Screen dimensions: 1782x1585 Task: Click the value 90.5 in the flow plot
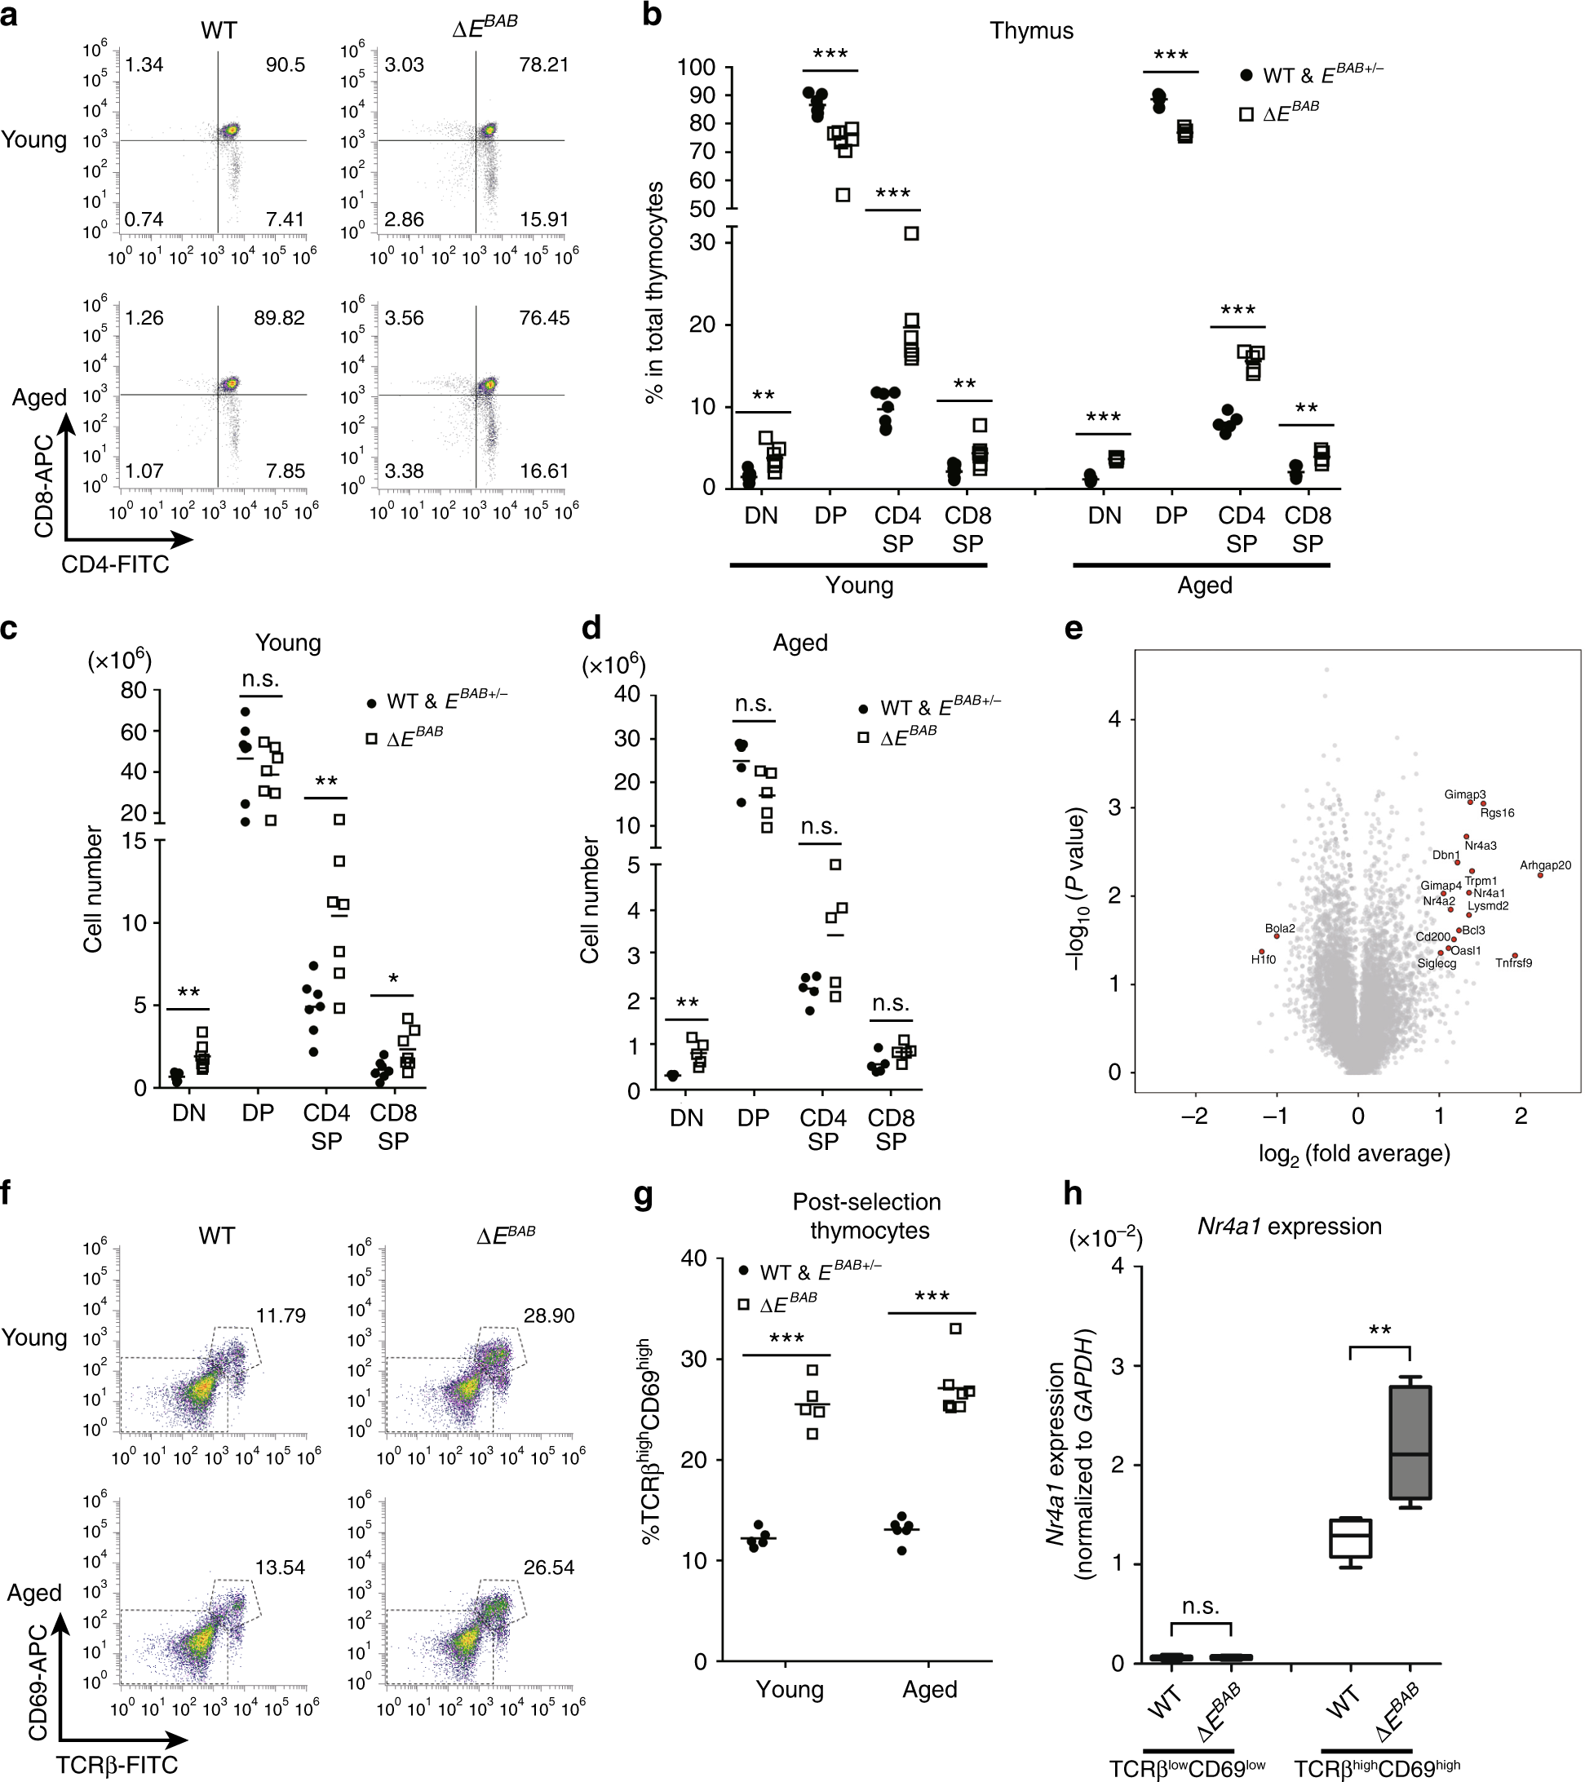(x=285, y=65)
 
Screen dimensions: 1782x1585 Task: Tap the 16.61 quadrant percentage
(x=544, y=471)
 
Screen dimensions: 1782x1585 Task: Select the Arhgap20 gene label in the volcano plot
(x=1545, y=865)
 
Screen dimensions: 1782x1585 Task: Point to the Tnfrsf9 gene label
(x=1513, y=963)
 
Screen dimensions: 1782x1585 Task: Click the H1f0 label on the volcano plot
(x=1264, y=960)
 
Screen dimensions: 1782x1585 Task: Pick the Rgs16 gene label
(x=1497, y=813)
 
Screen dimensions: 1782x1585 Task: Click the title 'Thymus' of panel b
(x=1030, y=30)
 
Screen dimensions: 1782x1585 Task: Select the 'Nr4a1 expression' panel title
(x=1289, y=1227)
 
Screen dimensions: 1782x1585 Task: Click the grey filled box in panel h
(x=1410, y=1442)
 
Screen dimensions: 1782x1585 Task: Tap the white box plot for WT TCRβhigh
(x=1349, y=1538)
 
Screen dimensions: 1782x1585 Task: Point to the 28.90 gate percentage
(x=548, y=1315)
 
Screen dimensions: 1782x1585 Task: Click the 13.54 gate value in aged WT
(x=280, y=1568)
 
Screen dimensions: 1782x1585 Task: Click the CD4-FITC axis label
(x=115, y=565)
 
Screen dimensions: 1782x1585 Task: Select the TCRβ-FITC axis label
(x=117, y=1766)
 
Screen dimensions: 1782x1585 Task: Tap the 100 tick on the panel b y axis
(x=696, y=68)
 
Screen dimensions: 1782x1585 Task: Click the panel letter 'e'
(x=1074, y=630)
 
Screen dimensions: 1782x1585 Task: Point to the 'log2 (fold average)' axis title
(x=1354, y=1154)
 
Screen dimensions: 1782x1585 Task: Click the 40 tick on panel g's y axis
(x=694, y=1259)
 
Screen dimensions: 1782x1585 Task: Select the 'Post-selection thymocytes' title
(x=867, y=1216)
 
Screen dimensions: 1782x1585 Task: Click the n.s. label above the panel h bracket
(x=1201, y=1606)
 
